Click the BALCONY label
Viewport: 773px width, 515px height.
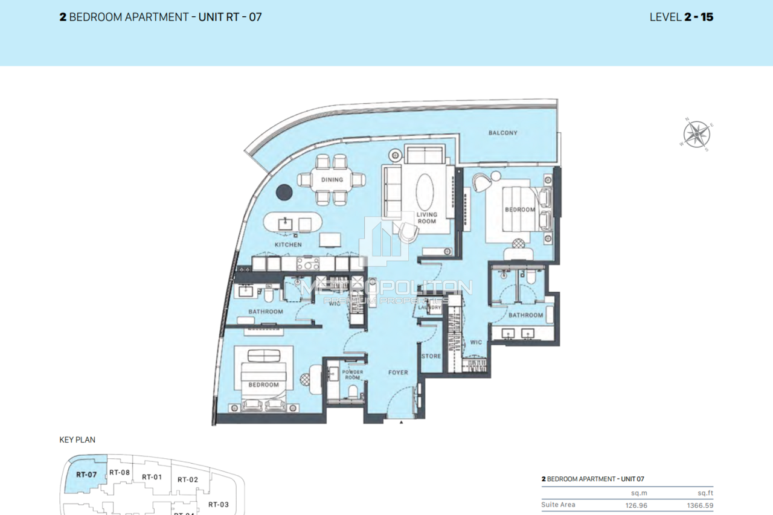tap(502, 133)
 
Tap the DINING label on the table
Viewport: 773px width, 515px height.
tap(332, 179)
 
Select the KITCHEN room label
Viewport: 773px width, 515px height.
tap(288, 245)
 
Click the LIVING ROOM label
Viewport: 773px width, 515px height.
tap(427, 218)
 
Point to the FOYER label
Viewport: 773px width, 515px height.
tap(397, 373)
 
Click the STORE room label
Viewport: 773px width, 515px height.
tap(431, 356)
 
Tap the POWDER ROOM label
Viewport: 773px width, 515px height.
tap(352, 375)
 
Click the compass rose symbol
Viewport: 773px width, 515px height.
tap(696, 133)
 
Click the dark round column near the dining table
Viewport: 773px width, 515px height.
tap(284, 193)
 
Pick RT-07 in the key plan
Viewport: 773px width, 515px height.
tap(86, 475)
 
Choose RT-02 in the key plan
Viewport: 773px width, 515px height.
tap(188, 479)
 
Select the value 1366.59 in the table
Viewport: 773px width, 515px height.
tap(700, 505)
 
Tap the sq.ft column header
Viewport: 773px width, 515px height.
tap(705, 493)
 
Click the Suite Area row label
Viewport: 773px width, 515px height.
tap(559, 505)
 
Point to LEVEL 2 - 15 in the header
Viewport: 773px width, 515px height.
tap(681, 17)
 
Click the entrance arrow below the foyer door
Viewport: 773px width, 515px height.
tap(401, 423)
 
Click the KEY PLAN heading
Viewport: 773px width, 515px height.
tap(77, 440)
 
